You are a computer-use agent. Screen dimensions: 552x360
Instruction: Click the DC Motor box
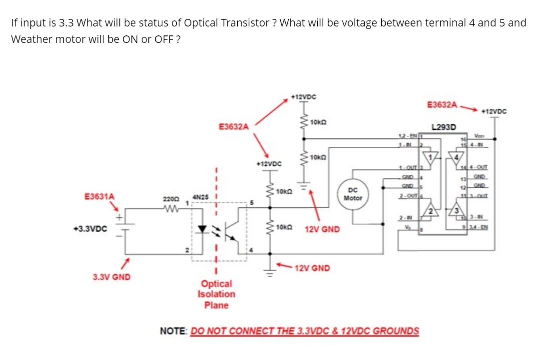point(353,194)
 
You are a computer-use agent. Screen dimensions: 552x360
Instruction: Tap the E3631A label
point(99,197)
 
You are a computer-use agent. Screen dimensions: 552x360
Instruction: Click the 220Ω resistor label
point(171,199)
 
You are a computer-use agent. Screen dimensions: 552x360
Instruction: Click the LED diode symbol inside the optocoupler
point(202,229)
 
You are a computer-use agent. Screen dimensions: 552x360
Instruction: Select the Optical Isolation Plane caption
point(216,294)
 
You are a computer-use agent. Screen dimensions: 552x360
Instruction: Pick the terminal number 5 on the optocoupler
point(252,203)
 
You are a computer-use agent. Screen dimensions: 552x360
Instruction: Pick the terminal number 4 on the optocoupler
point(252,250)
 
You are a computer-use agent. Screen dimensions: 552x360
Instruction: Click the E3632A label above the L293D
point(443,104)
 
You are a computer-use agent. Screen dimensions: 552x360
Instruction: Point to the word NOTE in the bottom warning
point(174,331)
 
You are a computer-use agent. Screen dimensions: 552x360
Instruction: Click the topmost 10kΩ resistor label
point(318,123)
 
